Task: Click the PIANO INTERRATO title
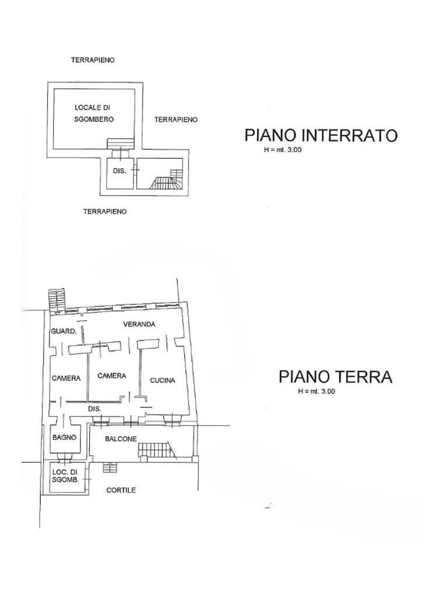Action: tap(321, 136)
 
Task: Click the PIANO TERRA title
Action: tap(335, 377)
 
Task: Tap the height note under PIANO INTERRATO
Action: tap(283, 150)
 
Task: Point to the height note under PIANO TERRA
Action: tap(316, 391)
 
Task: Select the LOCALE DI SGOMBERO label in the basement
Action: tap(93, 113)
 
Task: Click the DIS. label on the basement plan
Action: tap(119, 170)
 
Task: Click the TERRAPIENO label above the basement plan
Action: tap(92, 60)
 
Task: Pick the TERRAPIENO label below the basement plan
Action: tap(105, 212)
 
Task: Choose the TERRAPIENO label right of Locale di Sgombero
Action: tap(176, 120)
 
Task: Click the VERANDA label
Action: tap(139, 324)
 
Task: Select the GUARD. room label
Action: tap(64, 331)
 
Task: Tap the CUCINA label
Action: tap(163, 381)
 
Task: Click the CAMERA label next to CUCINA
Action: tap(111, 376)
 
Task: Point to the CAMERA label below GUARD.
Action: tap(66, 378)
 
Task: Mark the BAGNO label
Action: tap(64, 437)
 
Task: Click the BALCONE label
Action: tap(121, 438)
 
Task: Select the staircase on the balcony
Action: tap(155, 449)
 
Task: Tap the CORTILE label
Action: tap(121, 490)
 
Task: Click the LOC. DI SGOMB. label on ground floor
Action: tap(64, 475)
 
